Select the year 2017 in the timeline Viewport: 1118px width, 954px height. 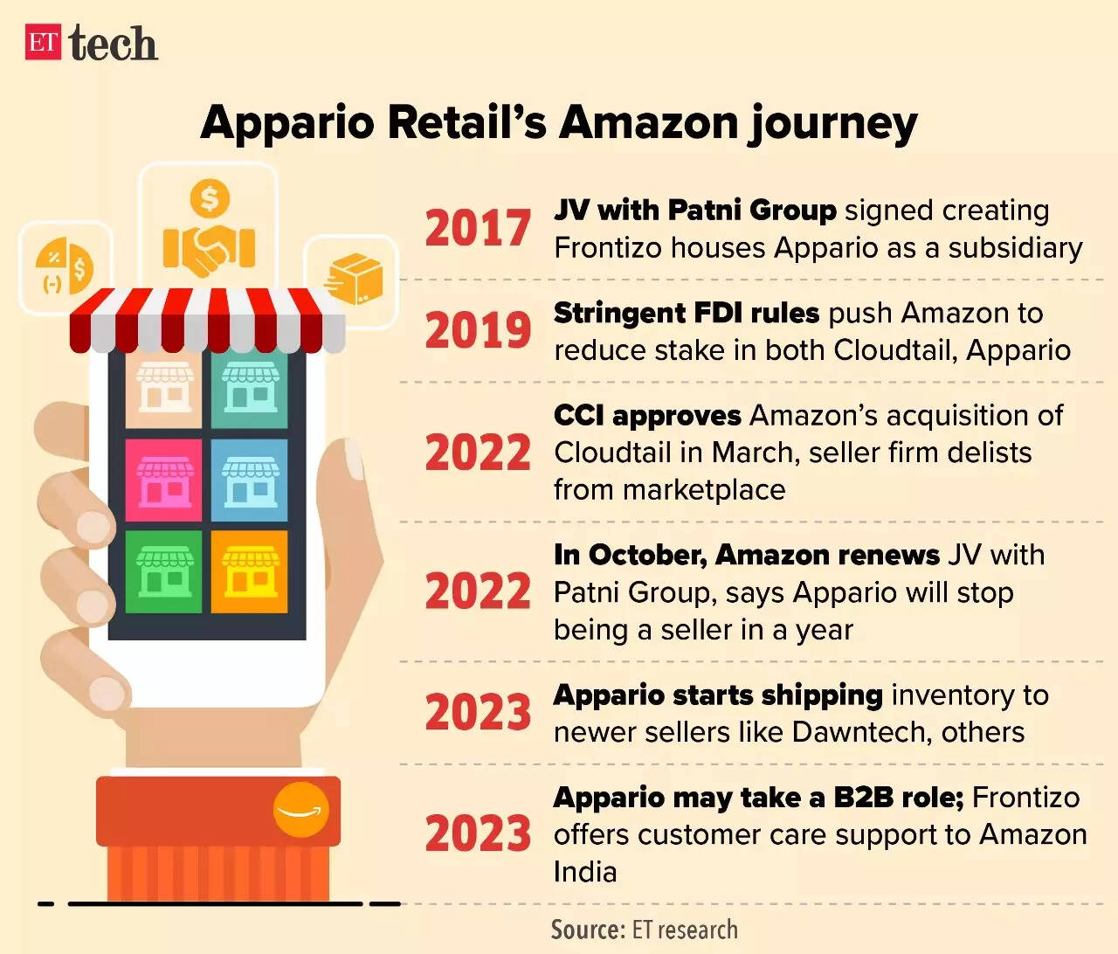coord(478,228)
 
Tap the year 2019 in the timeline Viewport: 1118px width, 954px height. coord(478,330)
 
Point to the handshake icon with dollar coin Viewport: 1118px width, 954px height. coord(209,229)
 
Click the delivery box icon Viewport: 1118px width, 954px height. coord(354,279)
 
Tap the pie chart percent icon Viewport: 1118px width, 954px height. coord(65,266)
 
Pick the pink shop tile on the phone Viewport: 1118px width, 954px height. coord(163,480)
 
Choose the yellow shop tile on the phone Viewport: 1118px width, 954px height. coord(250,571)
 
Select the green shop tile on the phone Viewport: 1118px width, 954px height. coord(163,571)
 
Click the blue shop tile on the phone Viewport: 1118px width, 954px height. coord(250,480)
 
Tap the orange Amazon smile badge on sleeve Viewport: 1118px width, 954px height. coord(300,811)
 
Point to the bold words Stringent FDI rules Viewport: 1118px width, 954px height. coord(687,313)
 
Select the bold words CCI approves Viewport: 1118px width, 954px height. coord(647,415)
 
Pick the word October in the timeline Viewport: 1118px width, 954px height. coord(647,555)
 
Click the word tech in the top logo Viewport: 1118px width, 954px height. coord(114,44)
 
